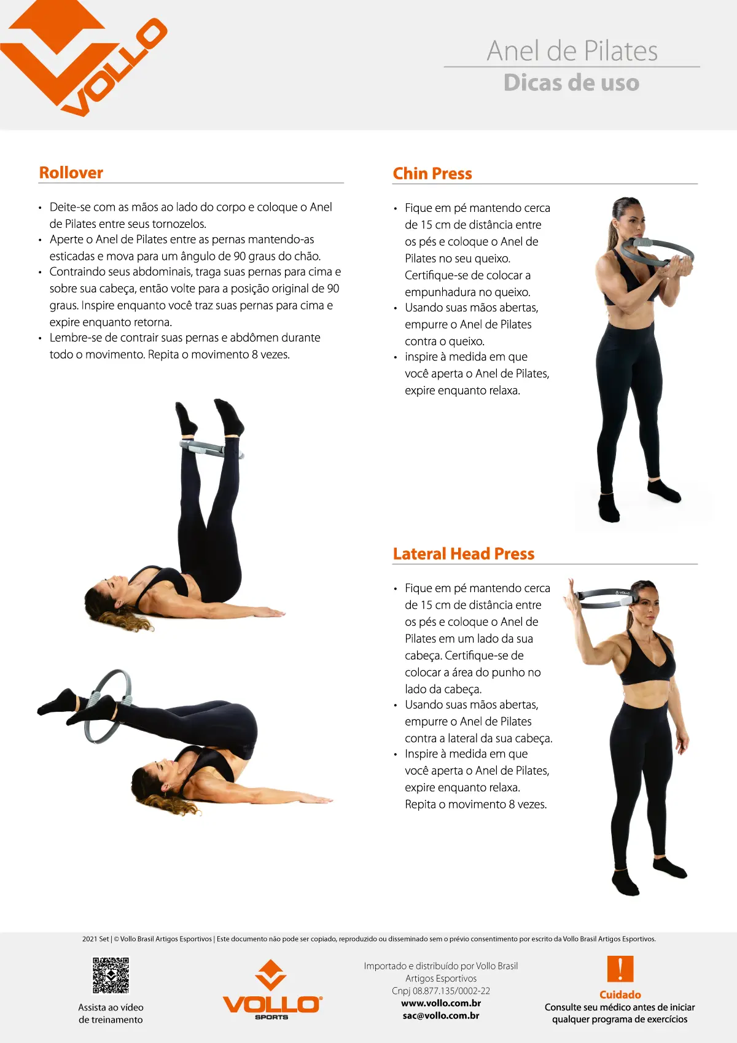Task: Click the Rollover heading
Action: coord(71,173)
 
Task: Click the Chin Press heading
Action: coord(432,174)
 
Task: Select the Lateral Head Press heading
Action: coord(464,554)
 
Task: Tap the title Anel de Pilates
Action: coord(572,51)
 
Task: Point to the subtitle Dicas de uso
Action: coord(572,82)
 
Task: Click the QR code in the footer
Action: coord(111,975)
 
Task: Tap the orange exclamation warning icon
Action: coord(620,969)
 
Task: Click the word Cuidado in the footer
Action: coord(620,994)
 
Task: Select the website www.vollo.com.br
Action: coord(441,1003)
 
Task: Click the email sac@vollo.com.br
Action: coord(441,1015)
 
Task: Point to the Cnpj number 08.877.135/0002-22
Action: coord(441,991)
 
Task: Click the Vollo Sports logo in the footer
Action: coord(271,990)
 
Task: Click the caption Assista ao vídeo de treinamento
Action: coord(111,1014)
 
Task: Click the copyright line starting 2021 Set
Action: coord(368,939)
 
